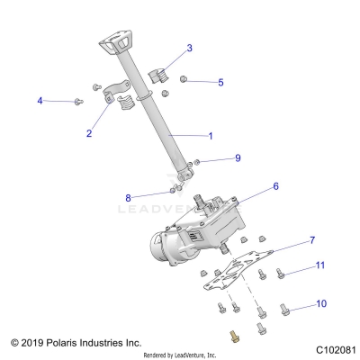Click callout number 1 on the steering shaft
(211, 136)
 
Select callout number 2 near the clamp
(89, 133)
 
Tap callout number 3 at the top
(189, 48)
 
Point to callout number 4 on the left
(40, 101)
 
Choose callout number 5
(221, 82)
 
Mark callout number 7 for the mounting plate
(287, 240)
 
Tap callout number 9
(238, 158)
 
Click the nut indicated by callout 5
(184, 79)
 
